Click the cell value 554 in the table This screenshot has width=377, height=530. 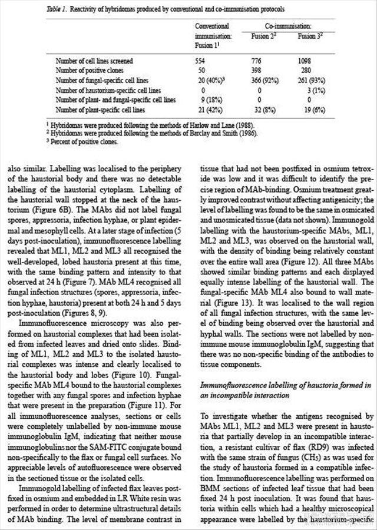[x=200, y=61]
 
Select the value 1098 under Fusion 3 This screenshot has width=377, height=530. [x=305, y=61]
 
